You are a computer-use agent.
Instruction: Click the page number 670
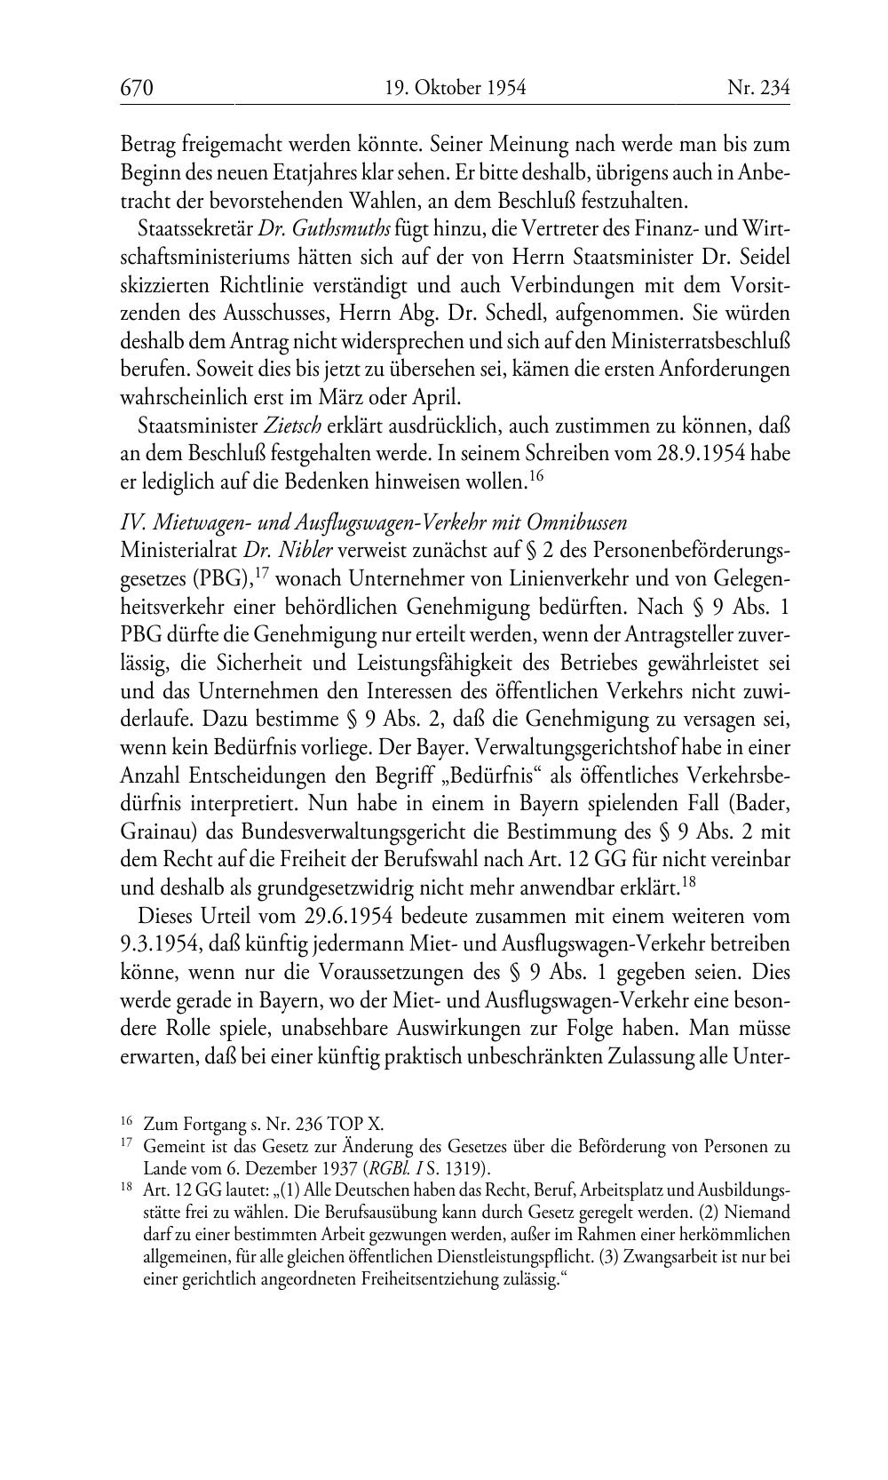(138, 88)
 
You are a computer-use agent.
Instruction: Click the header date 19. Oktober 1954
(456, 88)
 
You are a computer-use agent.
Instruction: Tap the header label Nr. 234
(758, 88)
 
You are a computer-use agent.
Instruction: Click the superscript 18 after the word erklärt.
(689, 881)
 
